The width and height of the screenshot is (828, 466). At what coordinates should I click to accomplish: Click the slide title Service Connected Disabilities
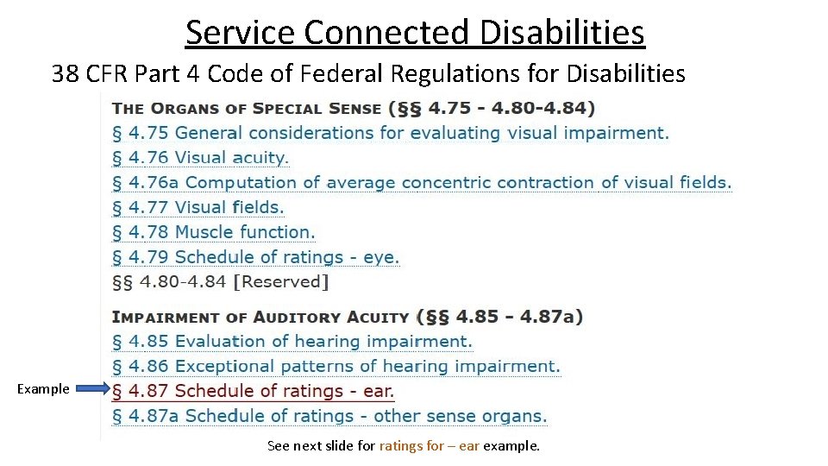tap(414, 33)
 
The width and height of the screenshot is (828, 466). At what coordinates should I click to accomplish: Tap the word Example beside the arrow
tap(43, 389)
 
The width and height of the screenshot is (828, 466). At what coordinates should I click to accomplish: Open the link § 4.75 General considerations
tap(390, 133)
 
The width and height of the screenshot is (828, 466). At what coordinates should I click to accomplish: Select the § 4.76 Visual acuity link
tap(200, 158)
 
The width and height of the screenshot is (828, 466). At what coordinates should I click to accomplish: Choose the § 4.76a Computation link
tap(422, 183)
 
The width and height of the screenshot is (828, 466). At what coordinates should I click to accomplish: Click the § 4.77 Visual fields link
tap(198, 207)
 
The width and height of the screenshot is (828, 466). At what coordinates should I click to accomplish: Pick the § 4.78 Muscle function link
tap(213, 232)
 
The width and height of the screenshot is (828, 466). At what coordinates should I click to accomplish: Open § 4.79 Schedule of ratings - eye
tap(255, 257)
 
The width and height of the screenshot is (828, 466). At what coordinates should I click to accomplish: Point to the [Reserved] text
tap(281, 281)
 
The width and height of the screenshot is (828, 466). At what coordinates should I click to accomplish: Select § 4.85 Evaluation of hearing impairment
tap(292, 342)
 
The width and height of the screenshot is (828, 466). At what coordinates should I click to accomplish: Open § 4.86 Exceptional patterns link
tap(336, 367)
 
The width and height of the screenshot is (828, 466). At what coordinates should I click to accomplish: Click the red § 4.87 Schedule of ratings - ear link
tap(253, 391)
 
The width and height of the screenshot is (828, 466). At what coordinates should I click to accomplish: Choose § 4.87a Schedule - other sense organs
tap(329, 416)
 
